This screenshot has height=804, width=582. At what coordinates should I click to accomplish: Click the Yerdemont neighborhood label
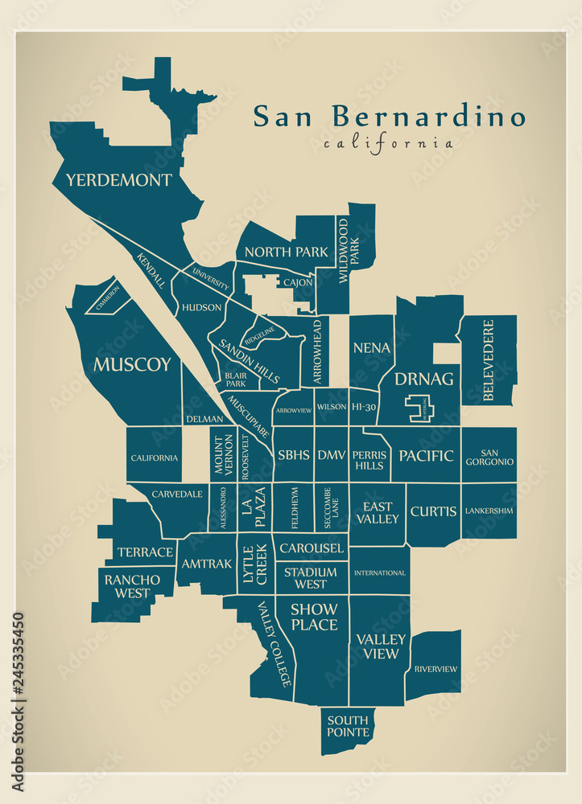coord(118,179)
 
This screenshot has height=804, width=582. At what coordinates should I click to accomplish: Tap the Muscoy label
coord(132,364)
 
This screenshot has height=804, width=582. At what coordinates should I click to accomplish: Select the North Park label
coord(287,252)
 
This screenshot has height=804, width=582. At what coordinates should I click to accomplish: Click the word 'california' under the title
coord(388,144)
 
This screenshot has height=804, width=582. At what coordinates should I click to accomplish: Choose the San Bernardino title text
coord(389,117)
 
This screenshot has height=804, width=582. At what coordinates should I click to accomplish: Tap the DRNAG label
coord(423,378)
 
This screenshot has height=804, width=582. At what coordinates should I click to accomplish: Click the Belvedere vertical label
coord(488,360)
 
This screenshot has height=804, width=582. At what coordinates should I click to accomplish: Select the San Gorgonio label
coord(489,457)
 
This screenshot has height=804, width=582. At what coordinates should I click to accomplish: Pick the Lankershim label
coord(489,511)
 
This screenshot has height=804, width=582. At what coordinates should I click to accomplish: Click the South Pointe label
coord(348,725)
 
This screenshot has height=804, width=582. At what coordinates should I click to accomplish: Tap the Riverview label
coord(435,668)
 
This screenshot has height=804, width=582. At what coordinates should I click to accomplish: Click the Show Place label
coord(314,616)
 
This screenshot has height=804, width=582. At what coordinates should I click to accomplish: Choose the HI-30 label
coord(363,408)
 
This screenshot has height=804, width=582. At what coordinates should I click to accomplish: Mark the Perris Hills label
coord(369,460)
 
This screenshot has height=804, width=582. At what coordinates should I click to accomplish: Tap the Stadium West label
coord(311,578)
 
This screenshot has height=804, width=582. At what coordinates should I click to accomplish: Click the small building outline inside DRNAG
coord(420,408)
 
